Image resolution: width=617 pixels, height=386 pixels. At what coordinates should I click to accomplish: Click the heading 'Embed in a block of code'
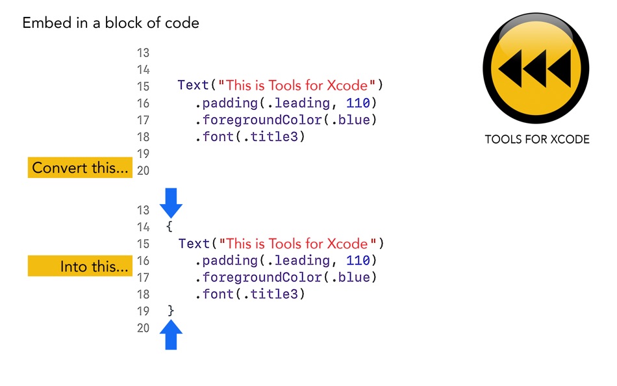point(110,23)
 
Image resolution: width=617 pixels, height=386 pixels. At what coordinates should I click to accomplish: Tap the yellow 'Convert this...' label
point(80,168)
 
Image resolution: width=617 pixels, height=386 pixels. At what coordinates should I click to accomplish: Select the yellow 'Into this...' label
point(80,266)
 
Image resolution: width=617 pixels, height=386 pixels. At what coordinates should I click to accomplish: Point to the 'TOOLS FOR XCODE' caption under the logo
point(536,140)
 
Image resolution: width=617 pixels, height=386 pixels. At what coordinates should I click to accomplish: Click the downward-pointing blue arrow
point(171,203)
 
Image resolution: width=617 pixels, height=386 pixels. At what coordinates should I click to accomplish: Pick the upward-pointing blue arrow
point(171,335)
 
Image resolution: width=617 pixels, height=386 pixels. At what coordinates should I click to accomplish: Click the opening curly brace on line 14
point(169,227)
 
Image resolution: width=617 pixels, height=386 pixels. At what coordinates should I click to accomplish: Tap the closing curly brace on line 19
point(171,311)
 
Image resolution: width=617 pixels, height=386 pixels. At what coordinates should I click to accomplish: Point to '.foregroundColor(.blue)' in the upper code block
point(286,120)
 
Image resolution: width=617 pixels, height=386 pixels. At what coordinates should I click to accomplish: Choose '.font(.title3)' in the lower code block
point(249,294)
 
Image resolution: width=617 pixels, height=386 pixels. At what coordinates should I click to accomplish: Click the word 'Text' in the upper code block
point(193,86)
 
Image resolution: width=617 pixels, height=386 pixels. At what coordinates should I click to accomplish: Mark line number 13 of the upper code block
point(143,53)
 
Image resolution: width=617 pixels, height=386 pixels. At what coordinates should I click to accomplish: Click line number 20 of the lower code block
point(143,328)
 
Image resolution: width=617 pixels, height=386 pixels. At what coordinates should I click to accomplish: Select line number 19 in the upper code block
point(143,154)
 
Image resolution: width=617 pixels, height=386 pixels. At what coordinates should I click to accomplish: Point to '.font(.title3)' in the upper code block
point(249,136)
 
